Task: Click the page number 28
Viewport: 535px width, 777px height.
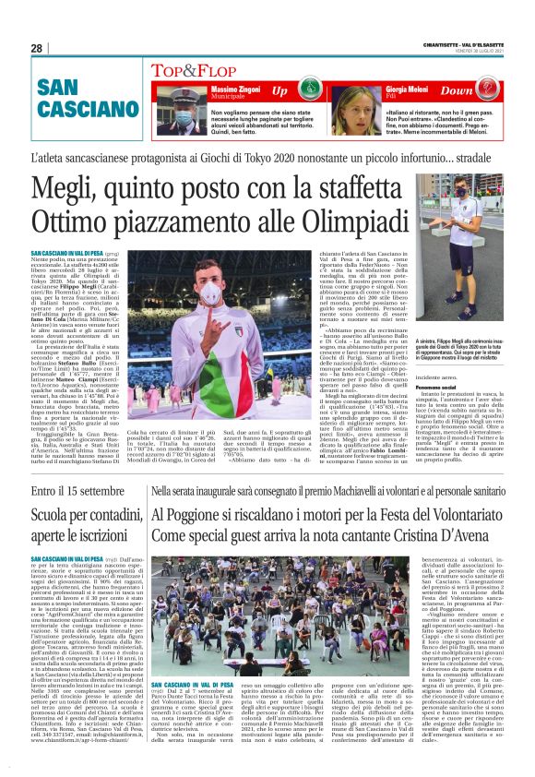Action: click(x=36, y=48)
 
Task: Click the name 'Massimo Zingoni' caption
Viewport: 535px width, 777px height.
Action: click(x=225, y=87)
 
